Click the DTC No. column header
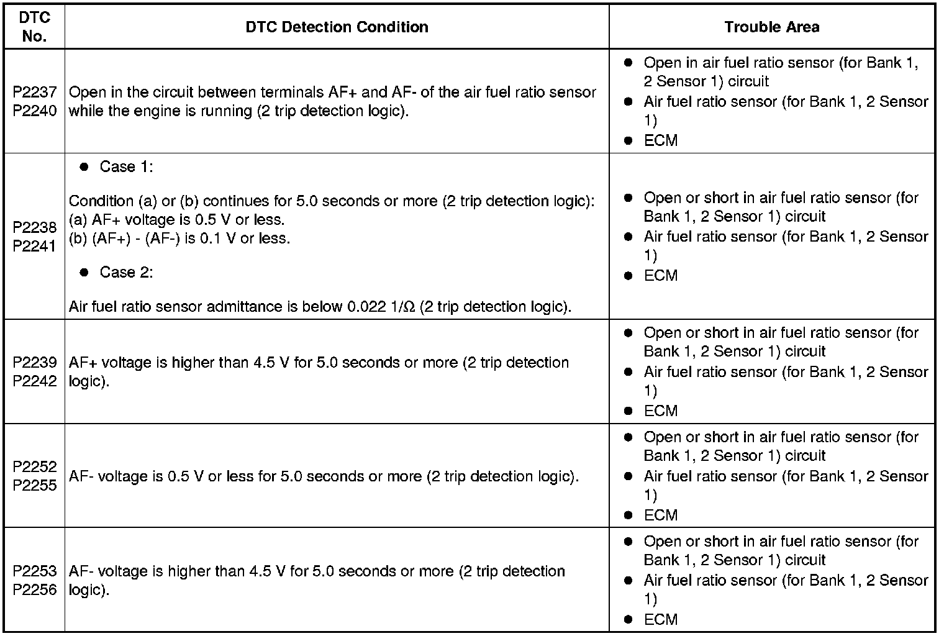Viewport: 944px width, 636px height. pyautogui.click(x=34, y=27)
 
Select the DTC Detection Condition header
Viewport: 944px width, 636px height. pyautogui.click(x=337, y=27)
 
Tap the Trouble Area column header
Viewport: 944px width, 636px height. pyautogui.click(x=771, y=27)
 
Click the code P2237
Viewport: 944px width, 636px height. pyautogui.click(x=35, y=92)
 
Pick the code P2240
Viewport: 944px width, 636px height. pyautogui.click(x=35, y=111)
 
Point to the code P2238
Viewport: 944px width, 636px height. pyautogui.click(x=35, y=227)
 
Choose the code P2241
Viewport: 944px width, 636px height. pyautogui.click(x=35, y=246)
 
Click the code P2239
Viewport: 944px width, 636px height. pyautogui.click(x=35, y=362)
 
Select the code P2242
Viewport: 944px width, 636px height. pyautogui.click(x=35, y=381)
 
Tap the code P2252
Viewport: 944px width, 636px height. pyautogui.click(x=35, y=466)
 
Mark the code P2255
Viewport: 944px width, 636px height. pyautogui.click(x=35, y=485)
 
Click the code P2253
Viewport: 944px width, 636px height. pyautogui.click(x=35, y=571)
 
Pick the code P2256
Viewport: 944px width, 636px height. pyautogui.click(x=35, y=589)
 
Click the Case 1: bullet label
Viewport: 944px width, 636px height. pyautogui.click(x=126, y=167)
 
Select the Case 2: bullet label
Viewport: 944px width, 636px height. pyautogui.click(x=126, y=273)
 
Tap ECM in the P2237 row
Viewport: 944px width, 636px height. pyautogui.click(x=660, y=140)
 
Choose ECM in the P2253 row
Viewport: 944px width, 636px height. pyautogui.click(x=660, y=619)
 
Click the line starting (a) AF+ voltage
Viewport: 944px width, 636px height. pyautogui.click(x=177, y=220)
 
